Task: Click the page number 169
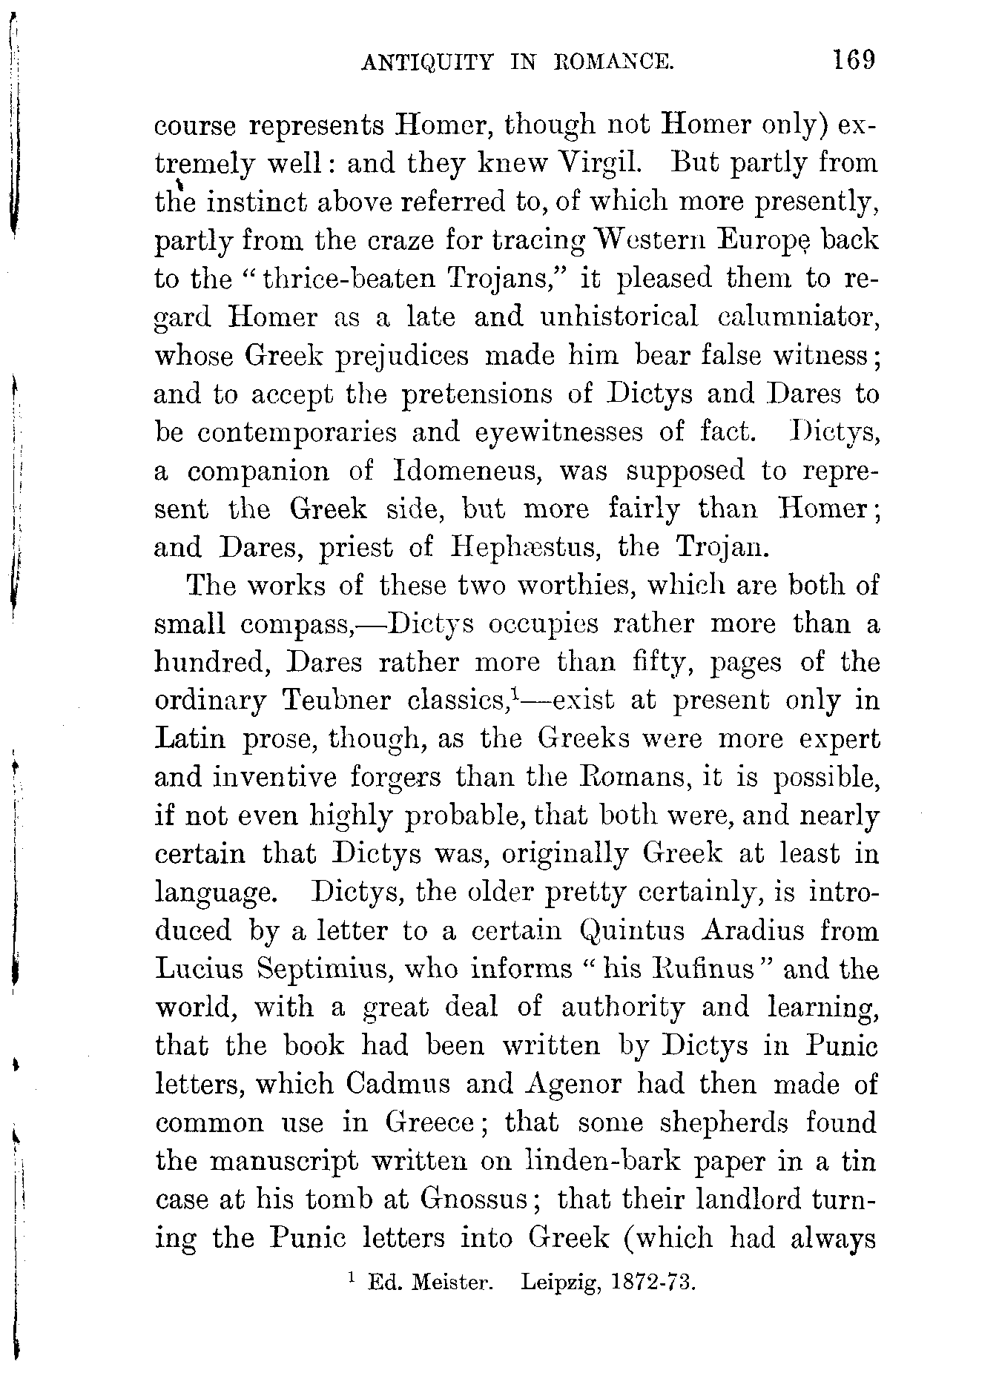pos(854,59)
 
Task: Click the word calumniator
pos(799,317)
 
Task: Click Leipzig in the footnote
pos(561,1283)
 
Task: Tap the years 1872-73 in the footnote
pos(653,1282)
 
